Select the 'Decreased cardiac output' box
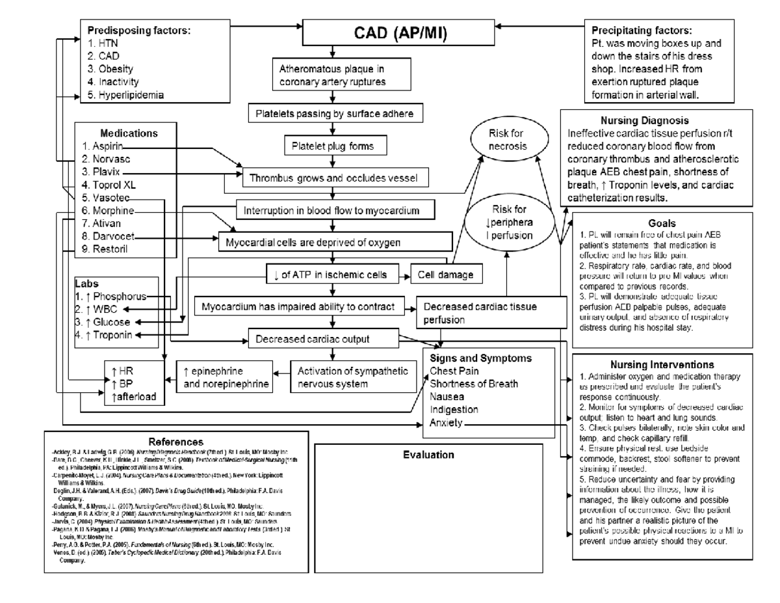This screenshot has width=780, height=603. [322, 338]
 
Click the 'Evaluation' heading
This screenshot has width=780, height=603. [428, 455]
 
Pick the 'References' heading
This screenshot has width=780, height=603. [175, 442]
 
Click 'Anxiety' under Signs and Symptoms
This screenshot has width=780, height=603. [446, 423]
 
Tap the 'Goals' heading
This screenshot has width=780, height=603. [662, 223]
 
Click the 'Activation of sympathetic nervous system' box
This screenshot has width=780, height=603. [353, 377]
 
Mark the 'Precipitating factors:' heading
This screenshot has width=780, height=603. [642, 31]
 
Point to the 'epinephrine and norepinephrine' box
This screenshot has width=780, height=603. [226, 377]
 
